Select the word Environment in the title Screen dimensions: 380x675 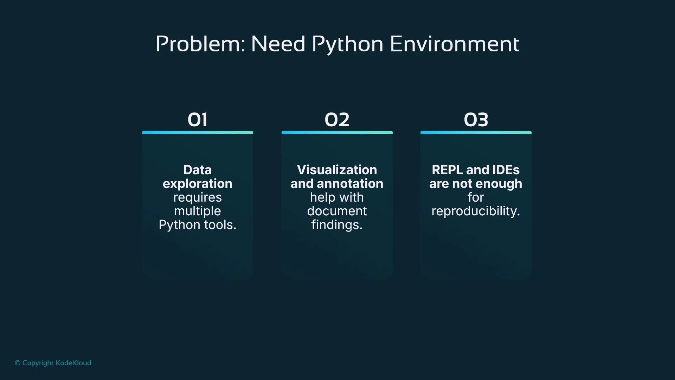point(454,44)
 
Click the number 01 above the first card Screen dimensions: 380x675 point(198,120)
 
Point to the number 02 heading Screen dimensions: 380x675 point(337,120)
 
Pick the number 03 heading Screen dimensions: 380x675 point(476,120)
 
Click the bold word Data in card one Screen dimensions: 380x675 point(198,170)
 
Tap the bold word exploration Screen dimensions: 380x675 point(198,184)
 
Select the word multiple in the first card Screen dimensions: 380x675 point(198,211)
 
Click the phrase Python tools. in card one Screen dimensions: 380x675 point(198,225)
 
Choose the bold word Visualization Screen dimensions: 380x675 point(337,170)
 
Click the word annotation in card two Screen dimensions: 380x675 point(350,184)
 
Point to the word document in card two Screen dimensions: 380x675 point(337,211)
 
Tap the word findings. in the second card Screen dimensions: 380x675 point(337,225)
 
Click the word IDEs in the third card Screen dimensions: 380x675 point(506,170)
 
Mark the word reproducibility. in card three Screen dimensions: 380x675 point(476,211)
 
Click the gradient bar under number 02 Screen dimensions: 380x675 point(337,133)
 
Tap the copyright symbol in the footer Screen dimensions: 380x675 point(18,363)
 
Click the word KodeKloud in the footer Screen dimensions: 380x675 point(73,363)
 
